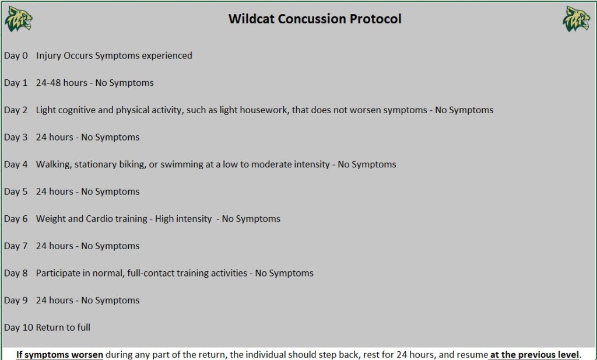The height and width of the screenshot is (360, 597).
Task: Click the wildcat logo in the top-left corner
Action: pyautogui.click(x=18, y=19)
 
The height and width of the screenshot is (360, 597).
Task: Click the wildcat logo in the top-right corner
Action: pyautogui.click(x=577, y=19)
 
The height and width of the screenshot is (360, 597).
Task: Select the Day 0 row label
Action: pyautogui.click(x=16, y=55)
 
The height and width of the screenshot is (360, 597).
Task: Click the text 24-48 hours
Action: pyautogui.click(x=62, y=83)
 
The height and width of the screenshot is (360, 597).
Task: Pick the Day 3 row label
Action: pyautogui.click(x=16, y=137)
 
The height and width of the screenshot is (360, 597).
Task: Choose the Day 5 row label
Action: pyautogui.click(x=16, y=191)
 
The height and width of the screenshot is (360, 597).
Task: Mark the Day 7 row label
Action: pyautogui.click(x=16, y=246)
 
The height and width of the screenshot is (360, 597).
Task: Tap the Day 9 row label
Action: pyautogui.click(x=16, y=300)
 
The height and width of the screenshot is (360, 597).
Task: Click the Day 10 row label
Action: pyautogui.click(x=19, y=328)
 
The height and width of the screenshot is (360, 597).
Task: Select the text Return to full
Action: pyautogui.click(x=63, y=328)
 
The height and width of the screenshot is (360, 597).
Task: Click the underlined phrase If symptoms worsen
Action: pyautogui.click(x=60, y=355)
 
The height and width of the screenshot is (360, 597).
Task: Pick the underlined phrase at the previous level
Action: pyautogui.click(x=535, y=355)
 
